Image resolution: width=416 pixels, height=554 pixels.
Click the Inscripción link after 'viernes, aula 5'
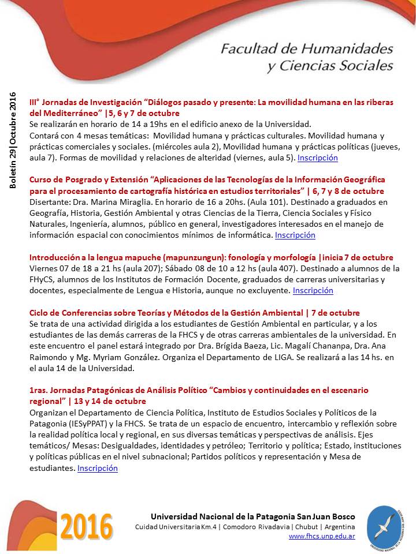coord(318,158)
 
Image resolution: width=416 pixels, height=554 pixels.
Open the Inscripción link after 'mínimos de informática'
coord(295,235)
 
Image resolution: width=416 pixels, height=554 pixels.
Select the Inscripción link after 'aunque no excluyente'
coord(313,290)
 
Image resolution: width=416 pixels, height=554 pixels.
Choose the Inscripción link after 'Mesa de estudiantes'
coord(97,468)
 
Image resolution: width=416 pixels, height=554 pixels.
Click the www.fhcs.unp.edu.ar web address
coord(321,536)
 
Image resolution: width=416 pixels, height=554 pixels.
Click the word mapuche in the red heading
coord(136,257)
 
